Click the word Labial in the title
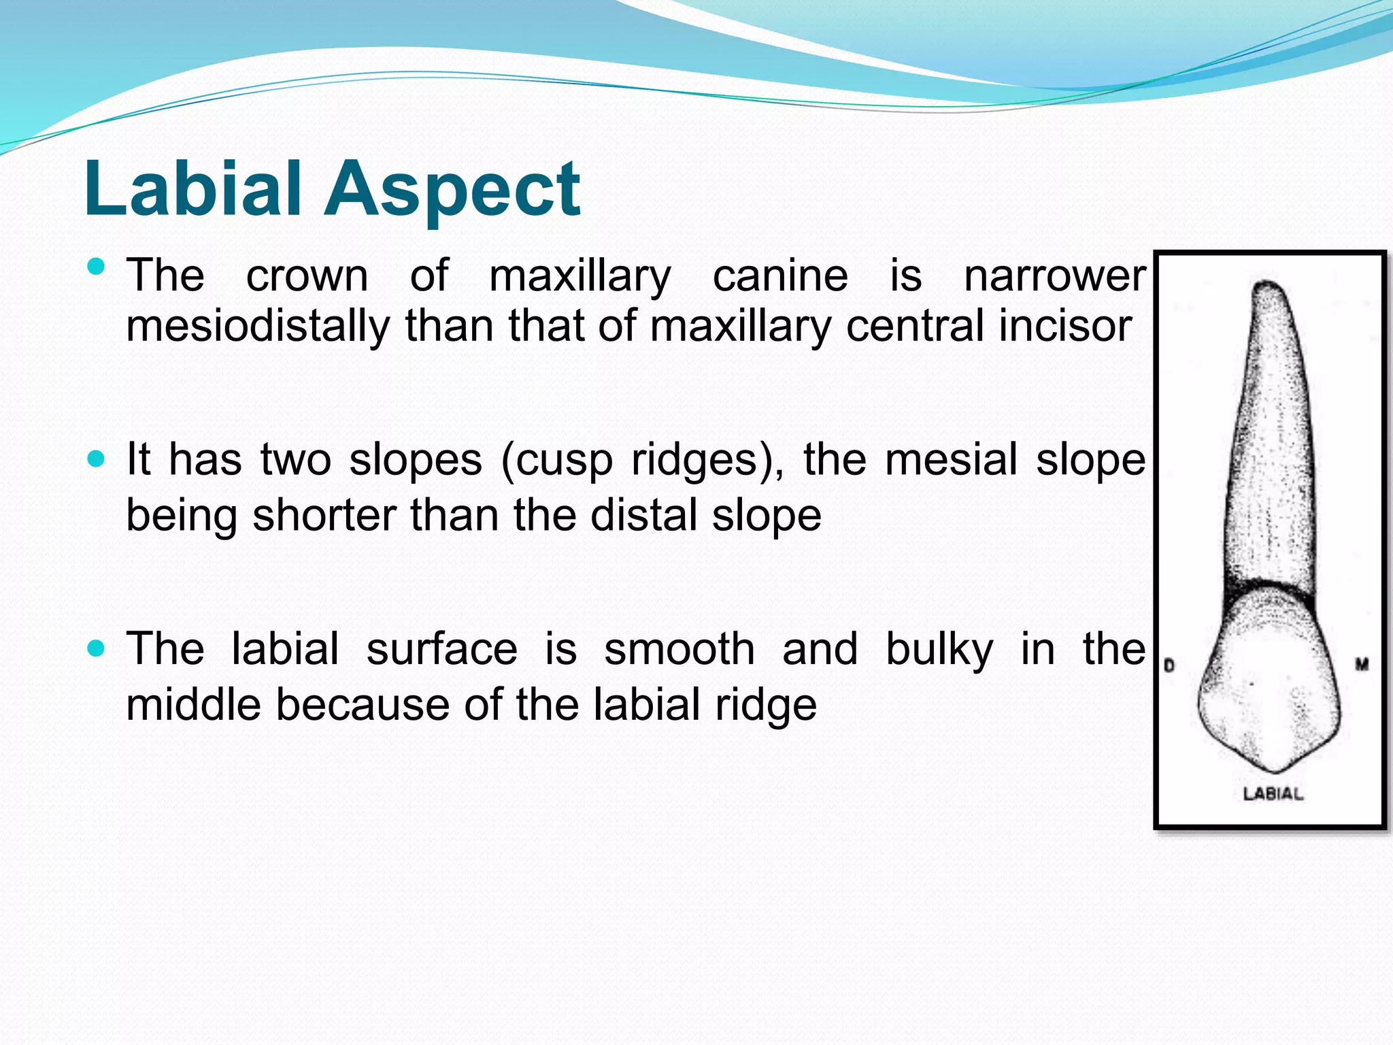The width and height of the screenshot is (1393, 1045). coord(192,188)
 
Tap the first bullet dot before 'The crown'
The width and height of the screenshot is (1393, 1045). coord(97,266)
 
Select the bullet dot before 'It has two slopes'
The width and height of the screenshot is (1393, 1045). coord(97,459)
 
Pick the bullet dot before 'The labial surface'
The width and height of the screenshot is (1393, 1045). coord(97,648)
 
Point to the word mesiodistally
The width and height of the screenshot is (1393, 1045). coord(257,327)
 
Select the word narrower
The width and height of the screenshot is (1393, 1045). coord(1054,277)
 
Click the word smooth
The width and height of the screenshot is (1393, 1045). coord(679,649)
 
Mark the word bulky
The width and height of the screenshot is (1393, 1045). coord(939,650)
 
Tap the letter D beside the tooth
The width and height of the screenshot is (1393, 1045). coord(1169,665)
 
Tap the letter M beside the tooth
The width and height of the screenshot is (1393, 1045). coord(1361,664)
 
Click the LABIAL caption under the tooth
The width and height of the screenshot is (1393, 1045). coord(1273,793)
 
